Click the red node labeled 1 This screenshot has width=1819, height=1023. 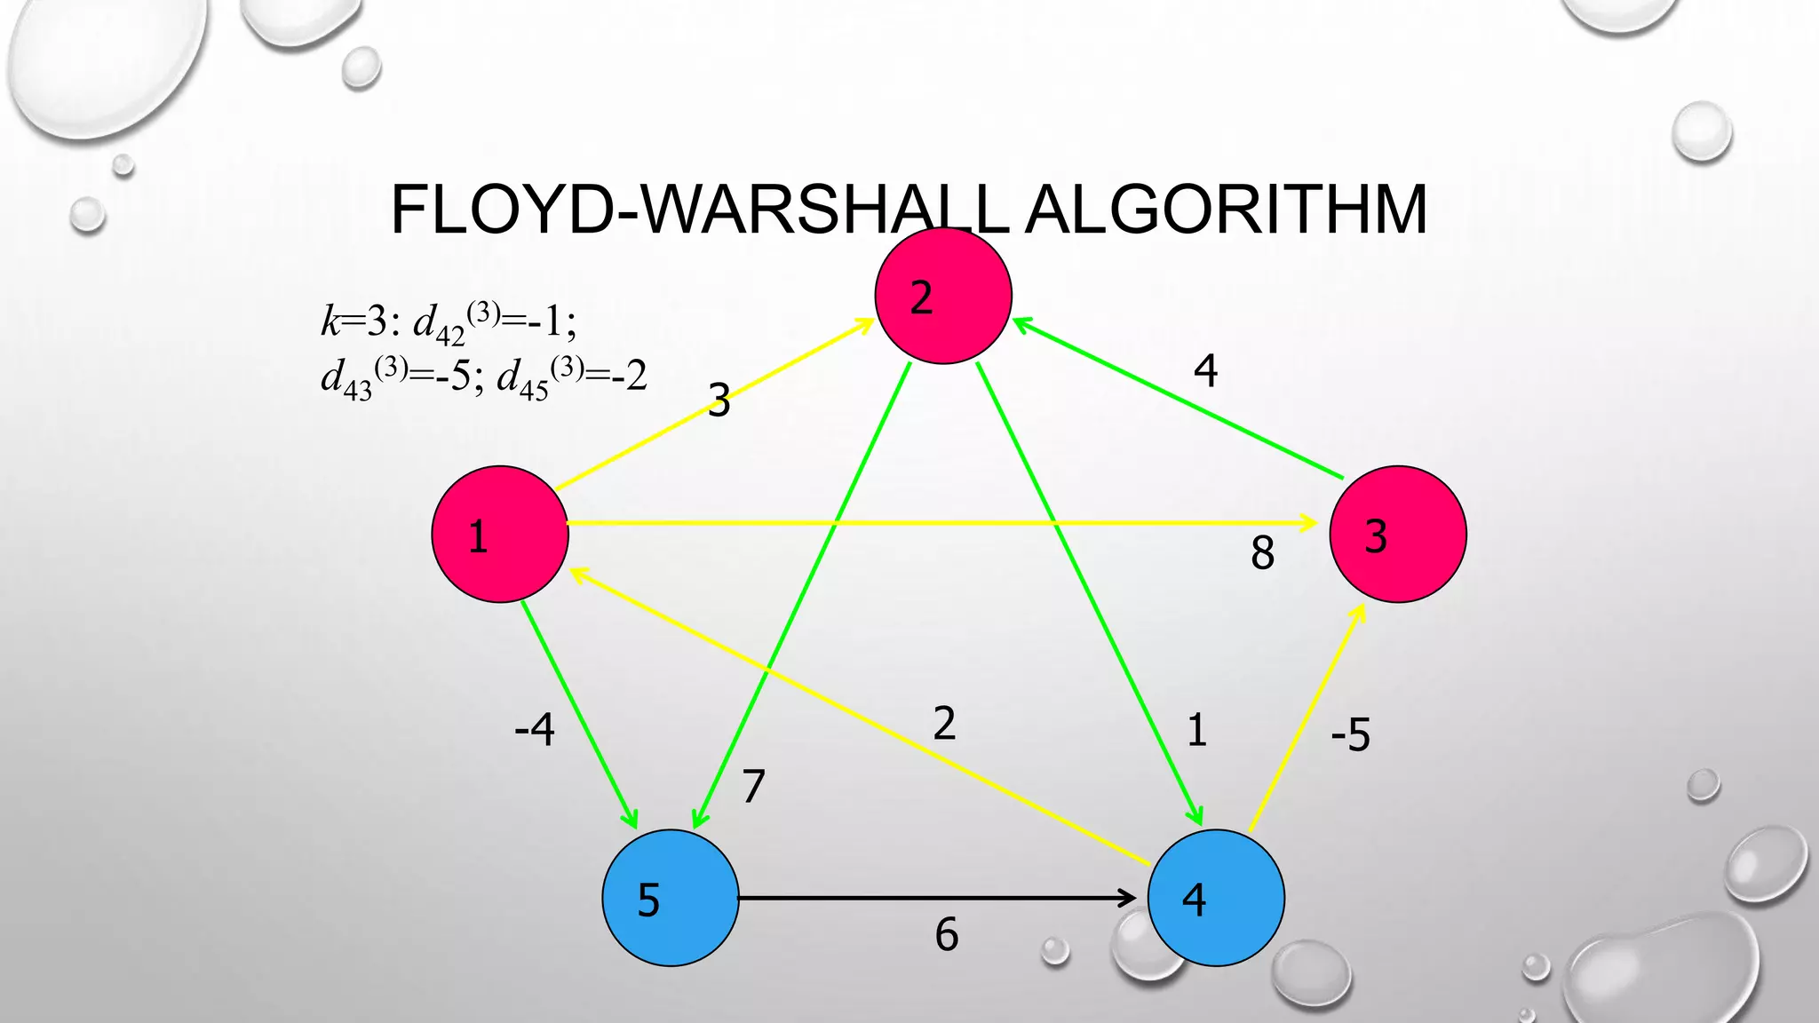500,535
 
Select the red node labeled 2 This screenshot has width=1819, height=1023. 943,296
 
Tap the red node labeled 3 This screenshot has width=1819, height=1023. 1397,535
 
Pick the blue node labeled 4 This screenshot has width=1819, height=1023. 1215,898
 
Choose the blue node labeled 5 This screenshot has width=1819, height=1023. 670,898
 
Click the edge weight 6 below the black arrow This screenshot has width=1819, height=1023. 947,935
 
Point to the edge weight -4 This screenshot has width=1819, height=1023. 535,730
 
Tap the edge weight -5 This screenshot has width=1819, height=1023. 1350,735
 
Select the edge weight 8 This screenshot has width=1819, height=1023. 1262,553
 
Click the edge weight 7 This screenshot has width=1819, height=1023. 753,786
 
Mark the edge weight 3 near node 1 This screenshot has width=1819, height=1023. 719,400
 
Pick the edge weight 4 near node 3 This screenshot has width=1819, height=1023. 1205,370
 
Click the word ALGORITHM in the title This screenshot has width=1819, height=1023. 1226,210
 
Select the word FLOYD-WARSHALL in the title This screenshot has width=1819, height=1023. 698,210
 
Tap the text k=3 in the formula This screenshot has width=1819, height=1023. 354,321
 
